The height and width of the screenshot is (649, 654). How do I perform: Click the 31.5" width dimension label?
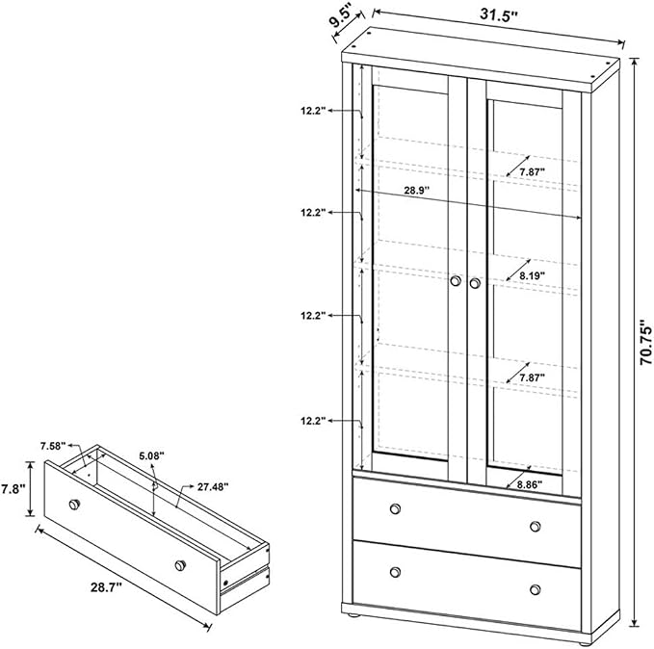498,14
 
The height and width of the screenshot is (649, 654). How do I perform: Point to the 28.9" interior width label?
416,191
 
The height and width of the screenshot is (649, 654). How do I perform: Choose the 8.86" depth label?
530,484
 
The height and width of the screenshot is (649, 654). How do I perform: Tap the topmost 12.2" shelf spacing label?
313,111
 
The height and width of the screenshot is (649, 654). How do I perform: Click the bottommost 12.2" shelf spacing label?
313,421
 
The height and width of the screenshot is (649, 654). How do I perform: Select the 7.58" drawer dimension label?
53,446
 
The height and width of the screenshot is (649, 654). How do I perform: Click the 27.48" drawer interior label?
213,486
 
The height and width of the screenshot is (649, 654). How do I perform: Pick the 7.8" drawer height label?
13,488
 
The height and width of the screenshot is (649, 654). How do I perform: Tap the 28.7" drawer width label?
106,586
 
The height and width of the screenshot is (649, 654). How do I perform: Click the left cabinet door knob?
457,280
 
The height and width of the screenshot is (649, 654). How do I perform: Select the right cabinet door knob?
475,283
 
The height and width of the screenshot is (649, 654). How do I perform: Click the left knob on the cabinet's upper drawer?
395,508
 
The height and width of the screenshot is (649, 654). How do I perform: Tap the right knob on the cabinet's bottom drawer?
536,589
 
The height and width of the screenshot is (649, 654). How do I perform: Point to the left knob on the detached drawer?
74,504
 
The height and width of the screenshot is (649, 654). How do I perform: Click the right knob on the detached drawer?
180,565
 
